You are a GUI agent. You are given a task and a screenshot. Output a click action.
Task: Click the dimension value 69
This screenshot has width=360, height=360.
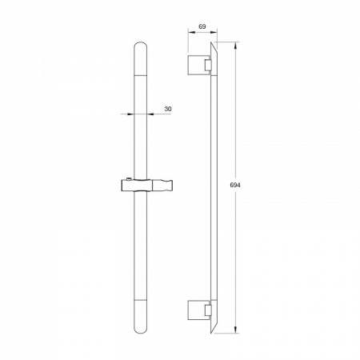202,26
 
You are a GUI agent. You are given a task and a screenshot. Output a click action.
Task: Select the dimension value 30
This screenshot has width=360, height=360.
168,109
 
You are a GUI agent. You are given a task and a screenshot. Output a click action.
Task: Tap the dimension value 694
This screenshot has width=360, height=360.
235,185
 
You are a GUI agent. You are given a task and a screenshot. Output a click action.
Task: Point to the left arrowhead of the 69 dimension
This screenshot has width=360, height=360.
191,32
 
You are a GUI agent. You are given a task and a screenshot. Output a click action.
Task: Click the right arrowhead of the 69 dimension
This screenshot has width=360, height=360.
214,32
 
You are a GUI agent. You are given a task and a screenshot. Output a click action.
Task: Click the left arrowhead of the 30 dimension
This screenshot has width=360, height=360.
130,114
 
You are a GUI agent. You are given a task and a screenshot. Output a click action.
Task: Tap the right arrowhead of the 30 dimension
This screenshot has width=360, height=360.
150,114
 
